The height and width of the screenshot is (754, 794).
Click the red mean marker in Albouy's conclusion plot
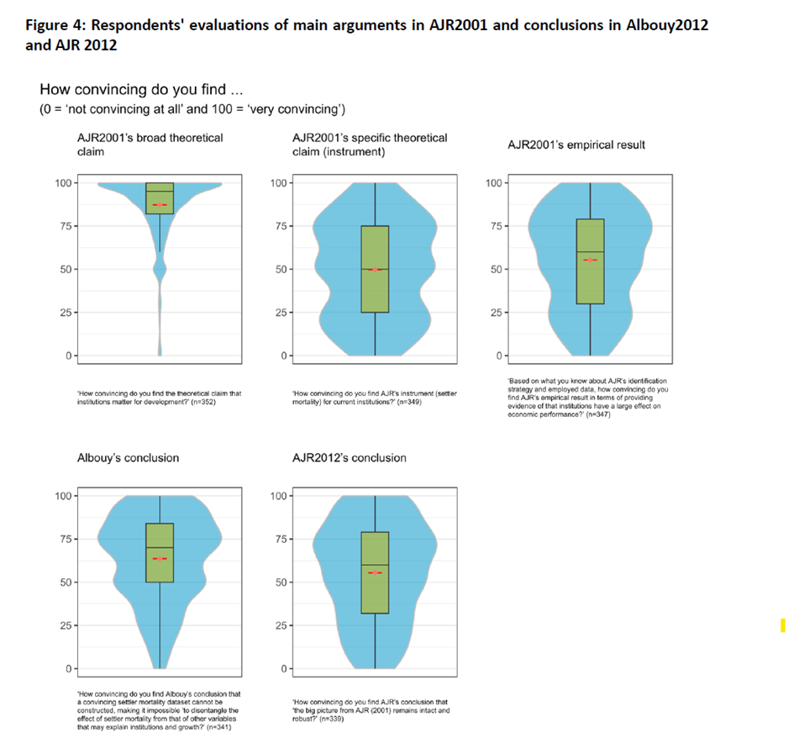[x=160, y=558]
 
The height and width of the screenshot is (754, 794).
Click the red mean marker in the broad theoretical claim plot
[x=160, y=204]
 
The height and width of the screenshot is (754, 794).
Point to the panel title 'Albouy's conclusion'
[x=128, y=457]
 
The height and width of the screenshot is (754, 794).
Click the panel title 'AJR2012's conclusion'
[x=349, y=457]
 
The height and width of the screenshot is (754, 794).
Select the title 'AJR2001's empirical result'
[x=576, y=145]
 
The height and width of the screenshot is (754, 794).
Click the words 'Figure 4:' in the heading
[x=50, y=24]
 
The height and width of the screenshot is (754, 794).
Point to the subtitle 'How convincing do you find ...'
[x=140, y=90]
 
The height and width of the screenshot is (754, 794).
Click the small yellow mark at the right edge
[x=783, y=625]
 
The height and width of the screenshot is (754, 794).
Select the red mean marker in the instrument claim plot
[x=375, y=269]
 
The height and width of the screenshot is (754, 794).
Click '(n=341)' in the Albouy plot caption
[x=217, y=727]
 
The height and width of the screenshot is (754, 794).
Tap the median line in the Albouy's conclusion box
[x=160, y=547]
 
